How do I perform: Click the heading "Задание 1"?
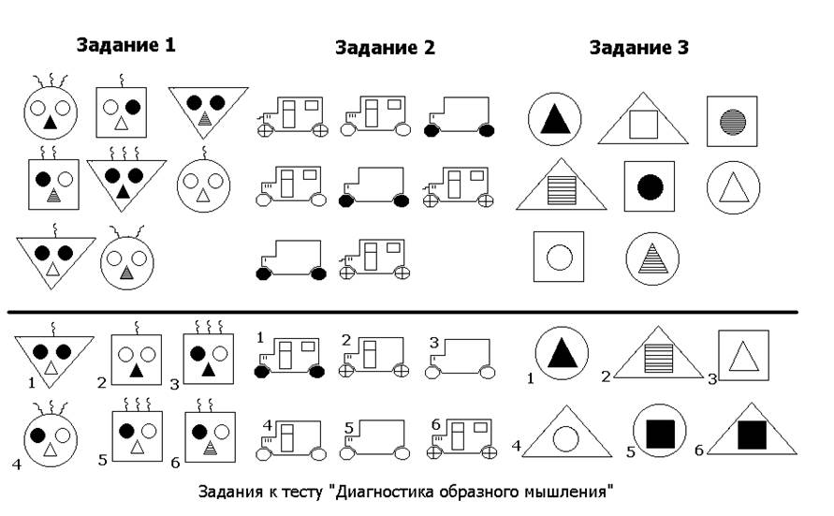point(125,45)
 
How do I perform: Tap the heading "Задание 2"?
point(385,49)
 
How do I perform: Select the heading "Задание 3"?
point(639,49)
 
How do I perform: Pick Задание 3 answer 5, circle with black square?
point(661,434)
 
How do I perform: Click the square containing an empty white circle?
point(559,257)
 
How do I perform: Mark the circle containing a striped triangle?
point(652,257)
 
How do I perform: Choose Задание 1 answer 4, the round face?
point(49,437)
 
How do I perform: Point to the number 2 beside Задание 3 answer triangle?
point(606,376)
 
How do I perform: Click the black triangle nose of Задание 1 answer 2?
point(137,372)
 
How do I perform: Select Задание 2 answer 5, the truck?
point(376,439)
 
